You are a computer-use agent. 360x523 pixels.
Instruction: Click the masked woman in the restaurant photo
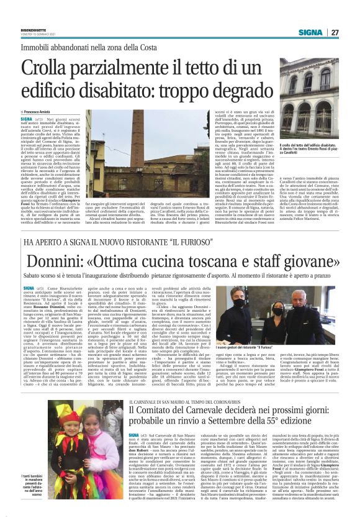click(x=261, y=308)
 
